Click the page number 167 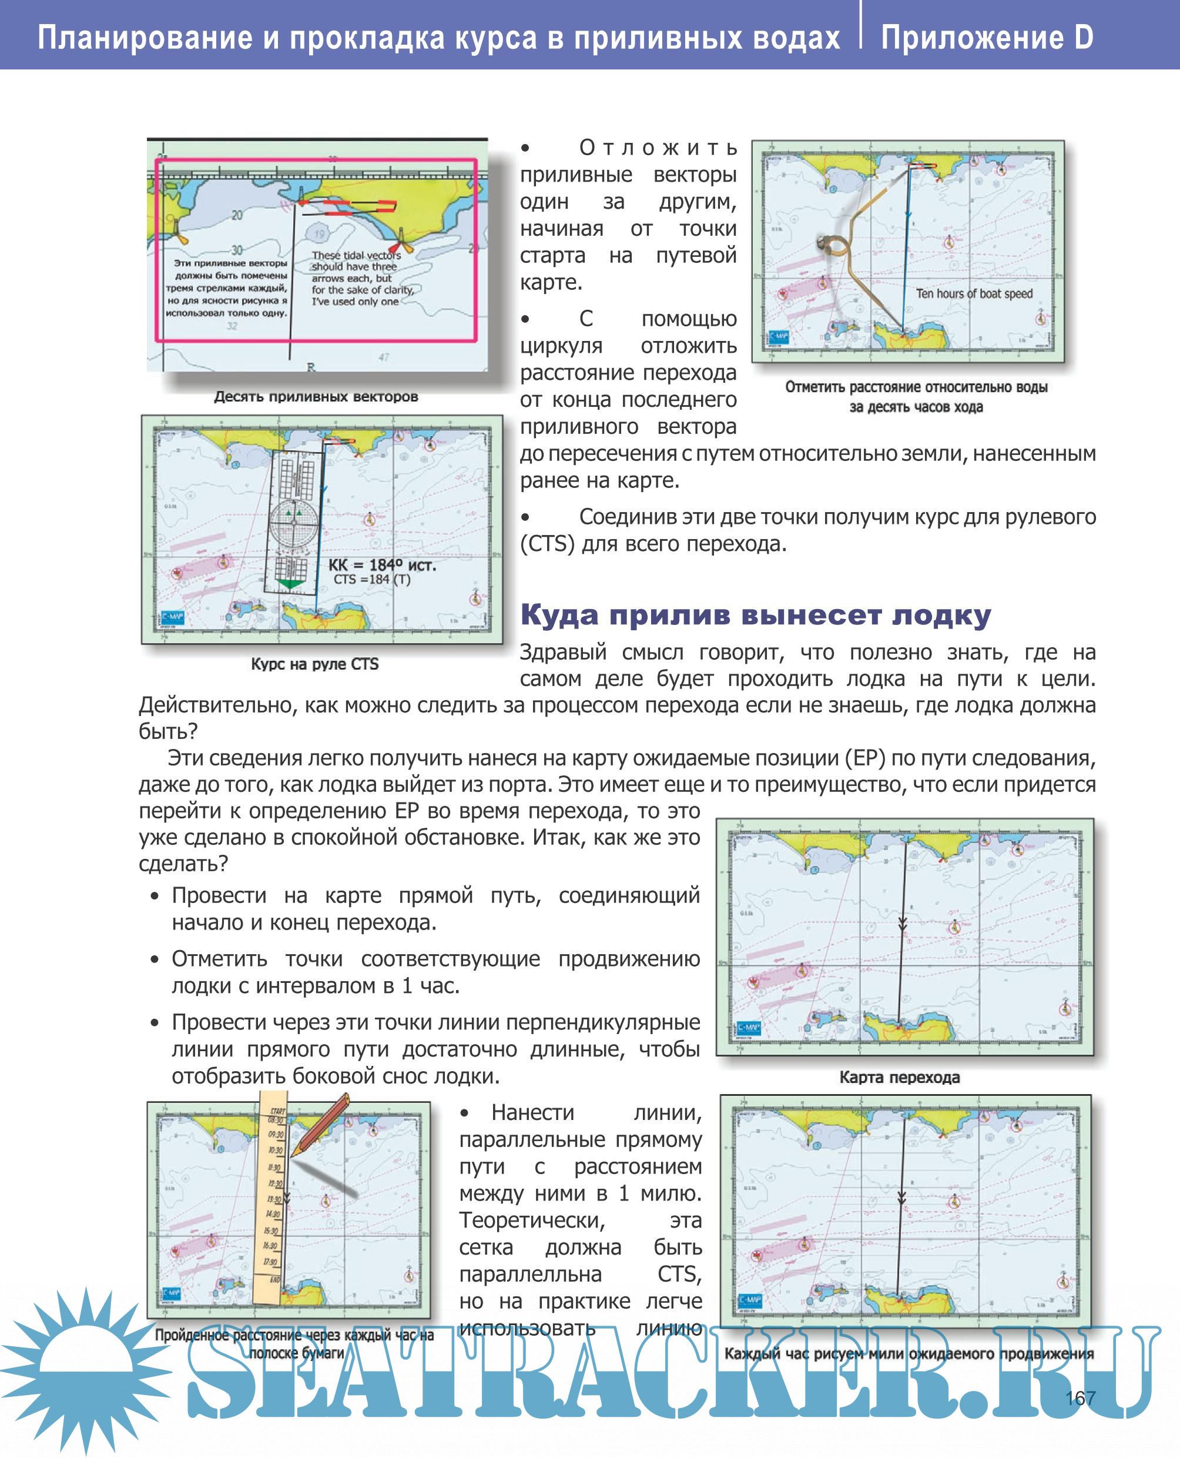[1080, 1397]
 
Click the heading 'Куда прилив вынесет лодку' [755, 615]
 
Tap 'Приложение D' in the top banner [987, 38]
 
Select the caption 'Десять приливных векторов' [316, 396]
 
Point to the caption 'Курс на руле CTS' [315, 664]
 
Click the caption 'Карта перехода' [899, 1076]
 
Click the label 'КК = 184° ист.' [382, 564]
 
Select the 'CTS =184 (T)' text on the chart [372, 580]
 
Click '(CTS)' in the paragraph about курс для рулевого [547, 543]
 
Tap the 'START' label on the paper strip [277, 1111]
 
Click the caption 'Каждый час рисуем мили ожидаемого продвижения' [909, 1353]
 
